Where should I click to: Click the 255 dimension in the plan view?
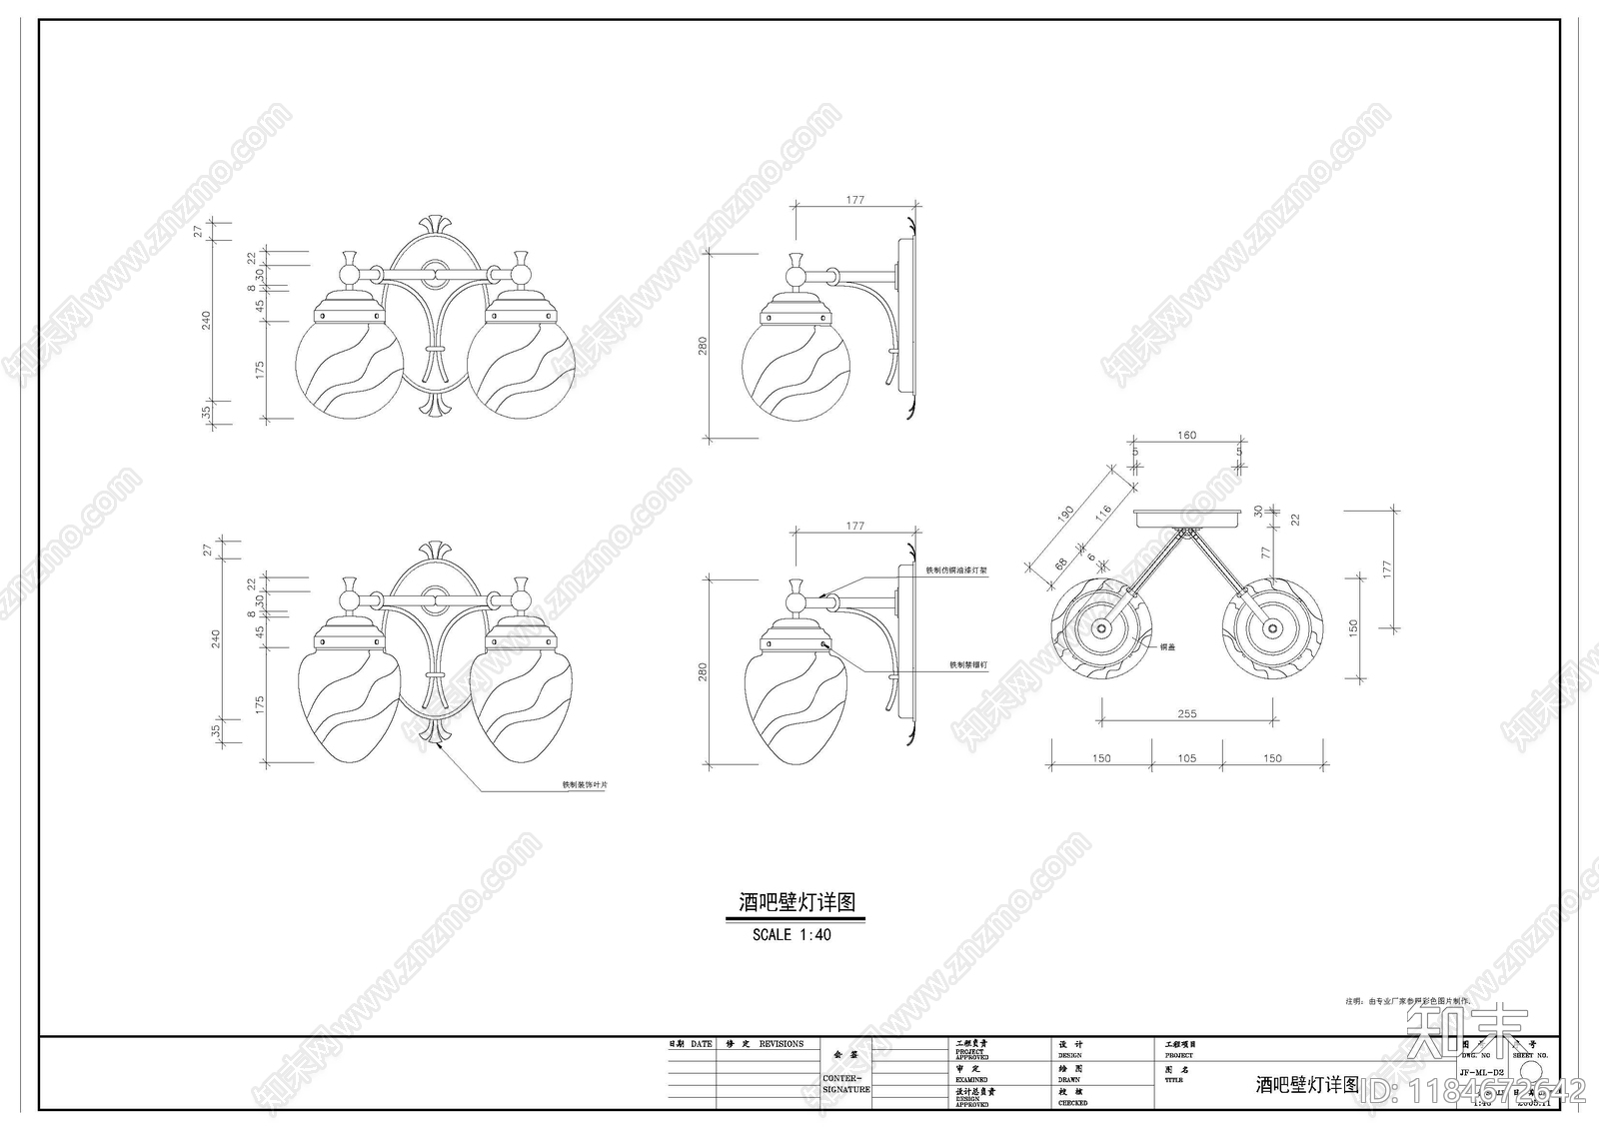(x=1186, y=713)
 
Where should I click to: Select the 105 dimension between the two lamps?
(x=1186, y=758)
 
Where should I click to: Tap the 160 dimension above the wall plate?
(x=1186, y=435)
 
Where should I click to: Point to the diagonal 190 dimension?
(x=1065, y=513)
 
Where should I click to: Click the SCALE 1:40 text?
(x=792, y=935)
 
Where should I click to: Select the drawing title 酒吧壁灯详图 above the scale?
(x=797, y=902)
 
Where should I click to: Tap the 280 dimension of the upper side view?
(x=703, y=346)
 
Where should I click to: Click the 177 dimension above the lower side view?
(x=855, y=526)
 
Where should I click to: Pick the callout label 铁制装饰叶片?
(x=584, y=785)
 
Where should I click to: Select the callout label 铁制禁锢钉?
(x=968, y=664)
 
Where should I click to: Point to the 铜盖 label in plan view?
(x=1167, y=647)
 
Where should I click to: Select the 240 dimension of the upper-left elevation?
(x=206, y=320)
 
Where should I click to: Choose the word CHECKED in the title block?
(x=1072, y=1103)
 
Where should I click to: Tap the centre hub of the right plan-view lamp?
(x=1271, y=628)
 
